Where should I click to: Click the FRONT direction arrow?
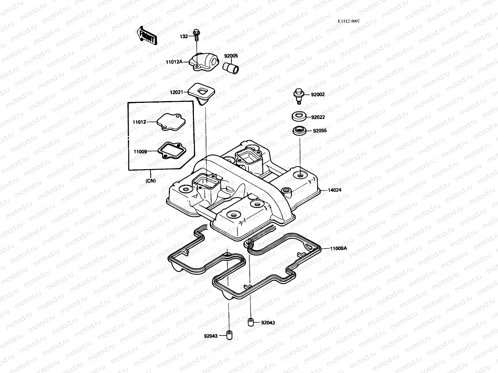147,35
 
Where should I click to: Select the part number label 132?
184,36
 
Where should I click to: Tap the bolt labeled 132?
196,35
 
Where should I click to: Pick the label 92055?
320,131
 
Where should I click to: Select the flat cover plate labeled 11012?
168,123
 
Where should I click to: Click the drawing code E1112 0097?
349,21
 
